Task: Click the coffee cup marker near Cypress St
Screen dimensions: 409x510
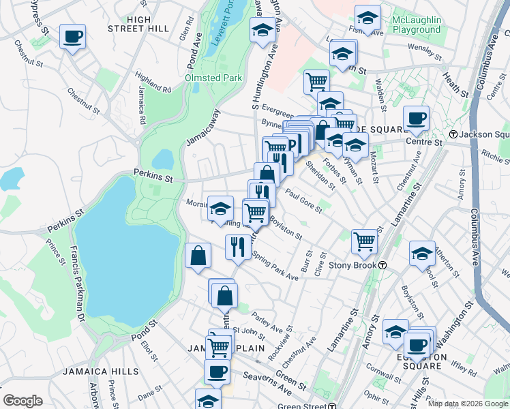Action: point(72,37)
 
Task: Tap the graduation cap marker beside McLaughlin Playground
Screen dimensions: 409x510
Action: point(367,18)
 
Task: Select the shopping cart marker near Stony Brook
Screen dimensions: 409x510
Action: point(365,241)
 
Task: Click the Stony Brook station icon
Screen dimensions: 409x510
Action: point(383,265)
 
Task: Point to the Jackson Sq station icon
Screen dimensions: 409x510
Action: point(453,134)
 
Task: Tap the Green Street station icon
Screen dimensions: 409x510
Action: point(331,407)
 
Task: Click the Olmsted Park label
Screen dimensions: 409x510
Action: point(213,78)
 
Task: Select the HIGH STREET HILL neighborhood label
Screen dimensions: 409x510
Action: point(138,24)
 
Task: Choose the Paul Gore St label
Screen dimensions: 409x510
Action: point(303,200)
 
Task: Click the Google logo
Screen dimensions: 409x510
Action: point(22,401)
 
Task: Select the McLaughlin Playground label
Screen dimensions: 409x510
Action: point(417,25)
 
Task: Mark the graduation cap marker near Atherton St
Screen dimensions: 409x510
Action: point(422,254)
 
